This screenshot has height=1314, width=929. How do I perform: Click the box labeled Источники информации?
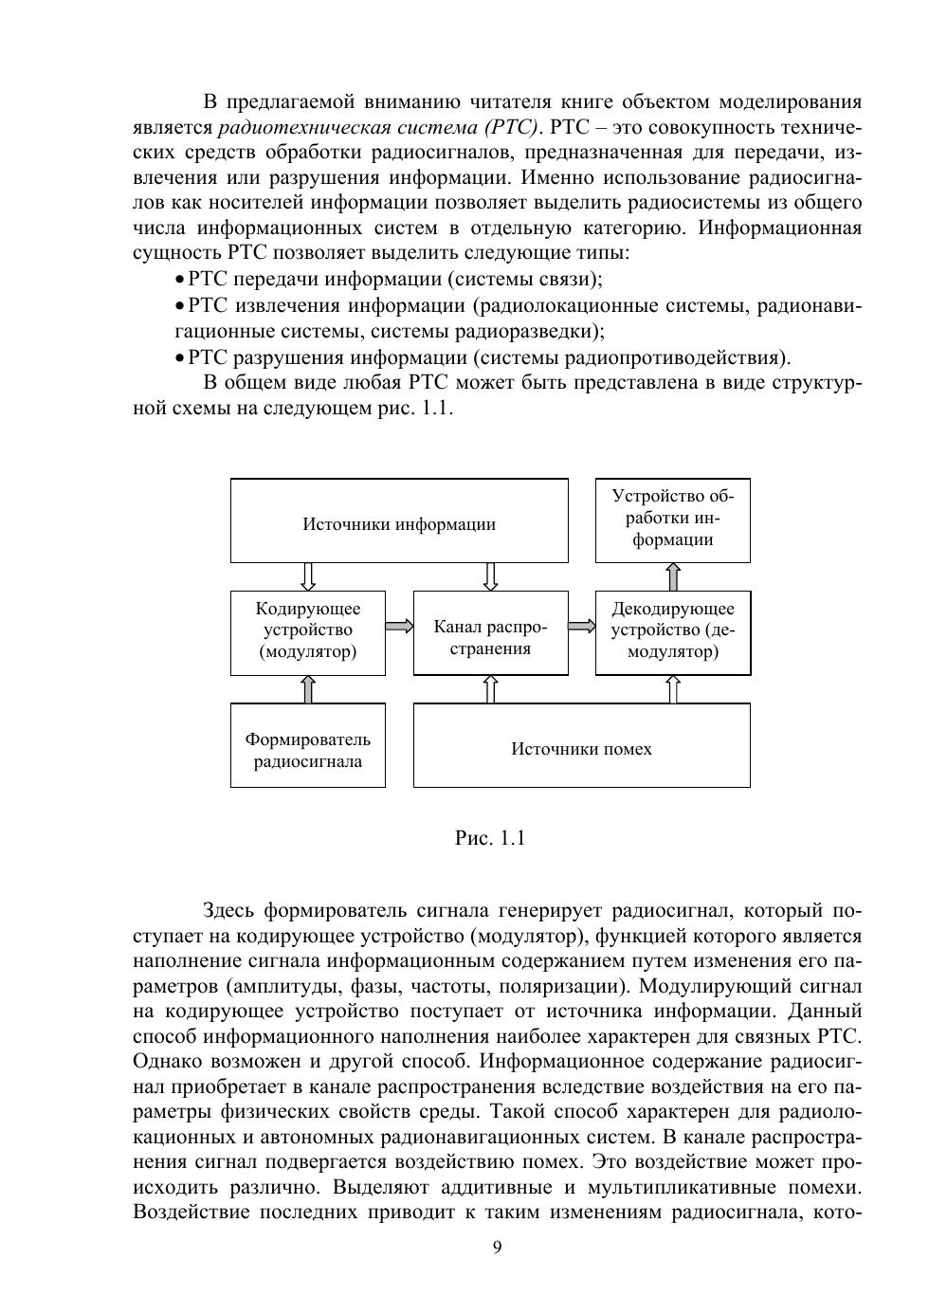[x=399, y=520]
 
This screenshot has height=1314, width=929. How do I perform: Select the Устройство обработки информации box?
[x=673, y=520]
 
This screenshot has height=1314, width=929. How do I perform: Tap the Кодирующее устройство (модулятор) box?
[x=308, y=632]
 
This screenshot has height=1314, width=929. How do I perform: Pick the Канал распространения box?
[x=490, y=632]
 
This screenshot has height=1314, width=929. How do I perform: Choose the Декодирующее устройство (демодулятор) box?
[x=673, y=632]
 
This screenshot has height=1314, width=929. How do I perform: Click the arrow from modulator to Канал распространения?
[x=399, y=626]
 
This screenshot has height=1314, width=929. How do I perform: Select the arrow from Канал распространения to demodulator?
[x=582, y=626]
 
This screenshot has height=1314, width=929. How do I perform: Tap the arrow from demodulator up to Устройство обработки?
[x=673, y=576]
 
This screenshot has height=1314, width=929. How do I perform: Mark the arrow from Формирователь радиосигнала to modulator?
[x=308, y=689]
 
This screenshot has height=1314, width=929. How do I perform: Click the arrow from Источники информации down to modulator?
[x=308, y=576]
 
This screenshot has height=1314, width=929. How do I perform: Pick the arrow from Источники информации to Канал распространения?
[x=490, y=576]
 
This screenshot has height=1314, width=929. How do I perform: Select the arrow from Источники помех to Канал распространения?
[x=490, y=689]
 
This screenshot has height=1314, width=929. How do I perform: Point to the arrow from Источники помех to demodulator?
[x=673, y=689]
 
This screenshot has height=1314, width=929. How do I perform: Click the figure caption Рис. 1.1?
[x=490, y=838]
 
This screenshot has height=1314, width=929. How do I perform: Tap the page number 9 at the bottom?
[x=497, y=1247]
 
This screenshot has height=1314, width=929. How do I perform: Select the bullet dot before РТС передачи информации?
[x=180, y=280]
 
